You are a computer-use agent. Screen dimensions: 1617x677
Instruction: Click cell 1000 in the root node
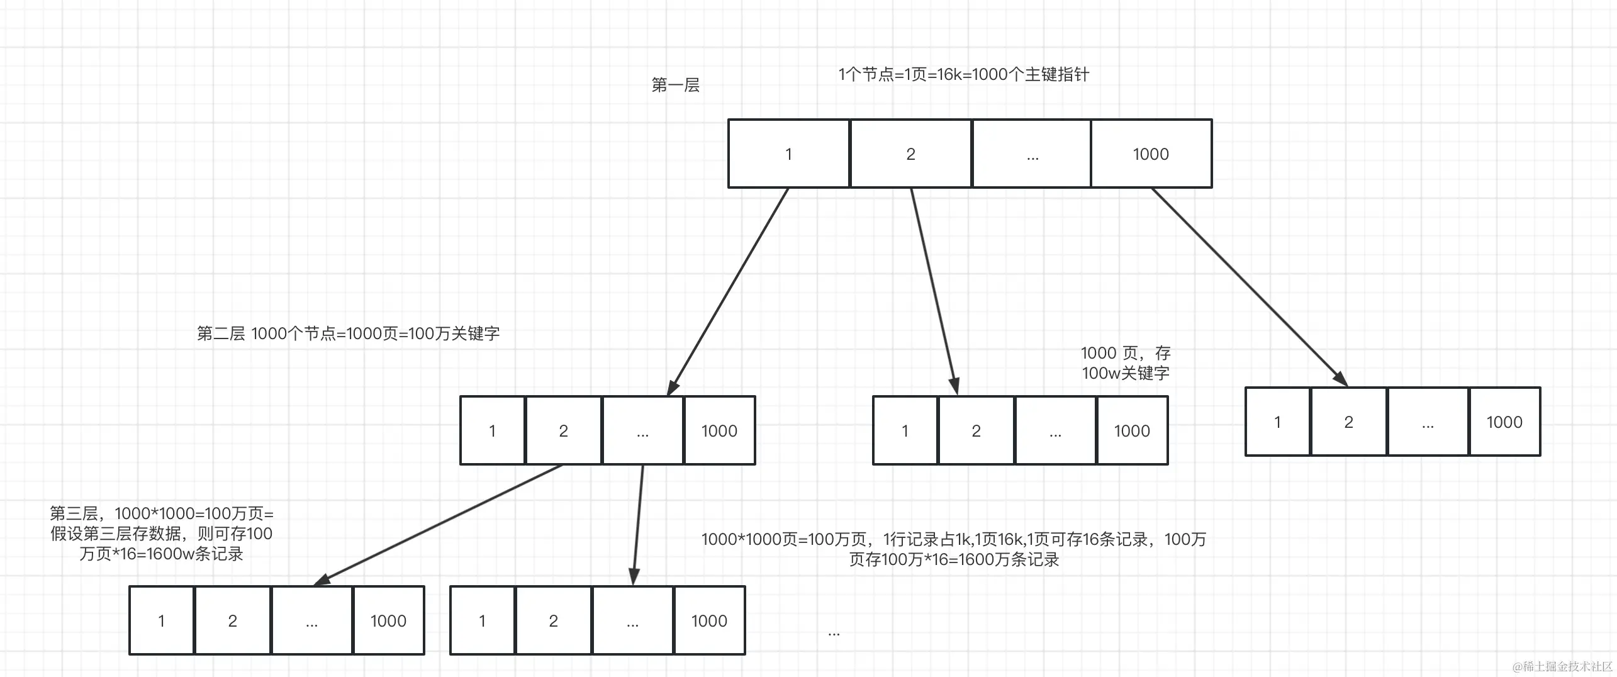tap(1151, 154)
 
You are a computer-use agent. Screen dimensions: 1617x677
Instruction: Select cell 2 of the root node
tap(910, 154)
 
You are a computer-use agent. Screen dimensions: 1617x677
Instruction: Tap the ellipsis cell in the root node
tap(1032, 154)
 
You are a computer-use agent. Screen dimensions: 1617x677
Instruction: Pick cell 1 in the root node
tap(789, 154)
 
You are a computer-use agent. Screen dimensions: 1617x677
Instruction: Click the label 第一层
tap(676, 85)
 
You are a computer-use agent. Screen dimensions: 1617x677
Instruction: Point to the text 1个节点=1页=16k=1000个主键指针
tap(963, 75)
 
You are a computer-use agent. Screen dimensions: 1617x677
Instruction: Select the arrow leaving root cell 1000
tap(1249, 286)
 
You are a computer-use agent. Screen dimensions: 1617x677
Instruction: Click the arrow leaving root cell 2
tap(934, 291)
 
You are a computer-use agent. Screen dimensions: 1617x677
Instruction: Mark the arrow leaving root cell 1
tap(728, 291)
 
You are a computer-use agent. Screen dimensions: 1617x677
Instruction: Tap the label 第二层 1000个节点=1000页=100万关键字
tap(348, 333)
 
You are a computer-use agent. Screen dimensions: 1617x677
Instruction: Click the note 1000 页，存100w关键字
tap(1126, 363)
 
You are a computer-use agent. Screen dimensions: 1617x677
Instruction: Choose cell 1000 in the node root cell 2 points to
tap(1132, 431)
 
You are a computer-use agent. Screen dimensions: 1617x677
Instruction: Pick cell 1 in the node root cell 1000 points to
tap(1277, 422)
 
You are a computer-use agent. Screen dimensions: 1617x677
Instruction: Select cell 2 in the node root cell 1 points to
tap(563, 431)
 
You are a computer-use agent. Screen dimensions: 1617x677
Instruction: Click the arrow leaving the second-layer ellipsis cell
tap(638, 525)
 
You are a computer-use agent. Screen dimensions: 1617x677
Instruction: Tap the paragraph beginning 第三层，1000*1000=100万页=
tap(162, 534)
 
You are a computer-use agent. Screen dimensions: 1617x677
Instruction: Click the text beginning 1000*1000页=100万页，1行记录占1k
tap(954, 549)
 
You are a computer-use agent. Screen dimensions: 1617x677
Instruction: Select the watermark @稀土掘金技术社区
tap(1562, 666)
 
